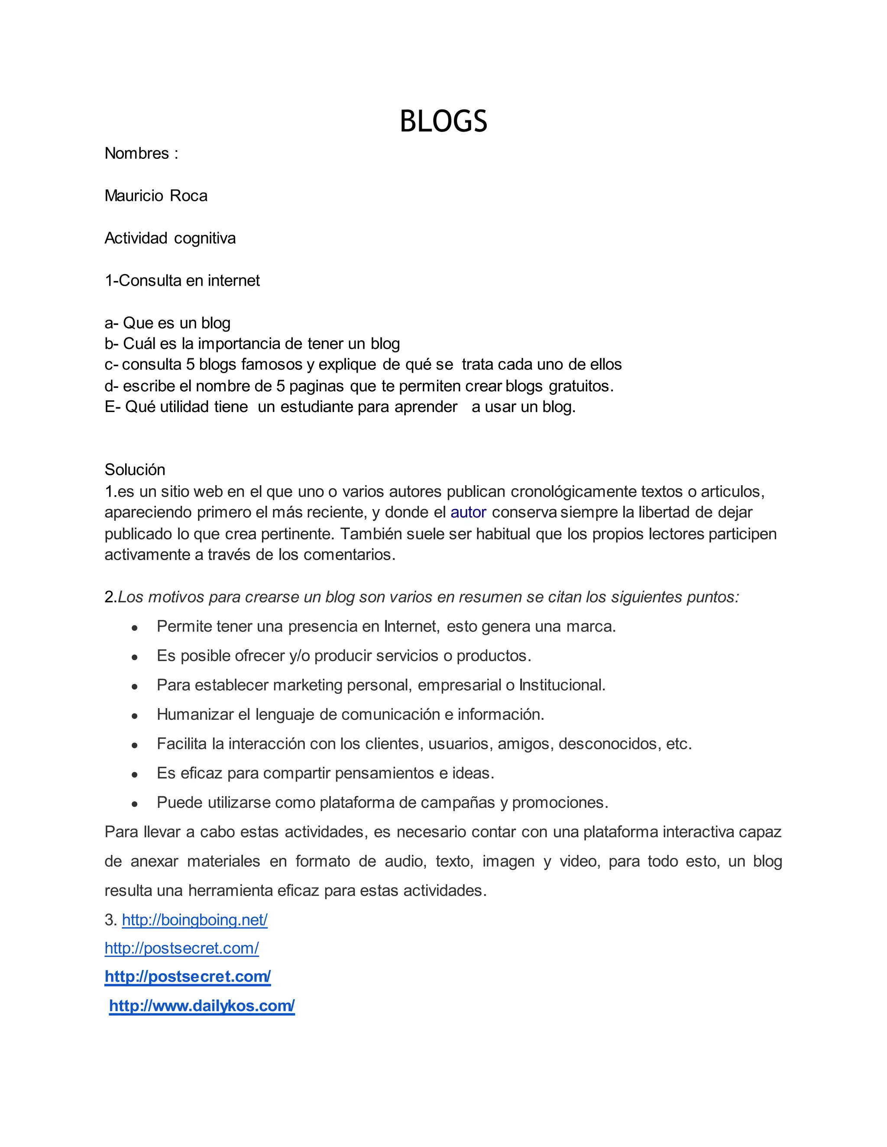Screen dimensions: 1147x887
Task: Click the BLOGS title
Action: point(443,121)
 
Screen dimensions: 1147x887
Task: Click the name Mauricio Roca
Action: point(155,196)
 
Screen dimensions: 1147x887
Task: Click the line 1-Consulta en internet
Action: point(182,280)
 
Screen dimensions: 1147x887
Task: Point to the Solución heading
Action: point(135,470)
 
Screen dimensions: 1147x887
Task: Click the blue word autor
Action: point(468,512)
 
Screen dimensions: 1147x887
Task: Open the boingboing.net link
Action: point(194,920)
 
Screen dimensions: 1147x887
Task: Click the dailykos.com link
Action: point(202,1006)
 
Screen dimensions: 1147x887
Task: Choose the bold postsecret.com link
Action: point(188,976)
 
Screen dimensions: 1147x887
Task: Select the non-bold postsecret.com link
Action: point(181,948)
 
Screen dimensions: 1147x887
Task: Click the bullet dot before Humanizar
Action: point(135,715)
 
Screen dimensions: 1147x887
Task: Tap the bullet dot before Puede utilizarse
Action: point(135,803)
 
